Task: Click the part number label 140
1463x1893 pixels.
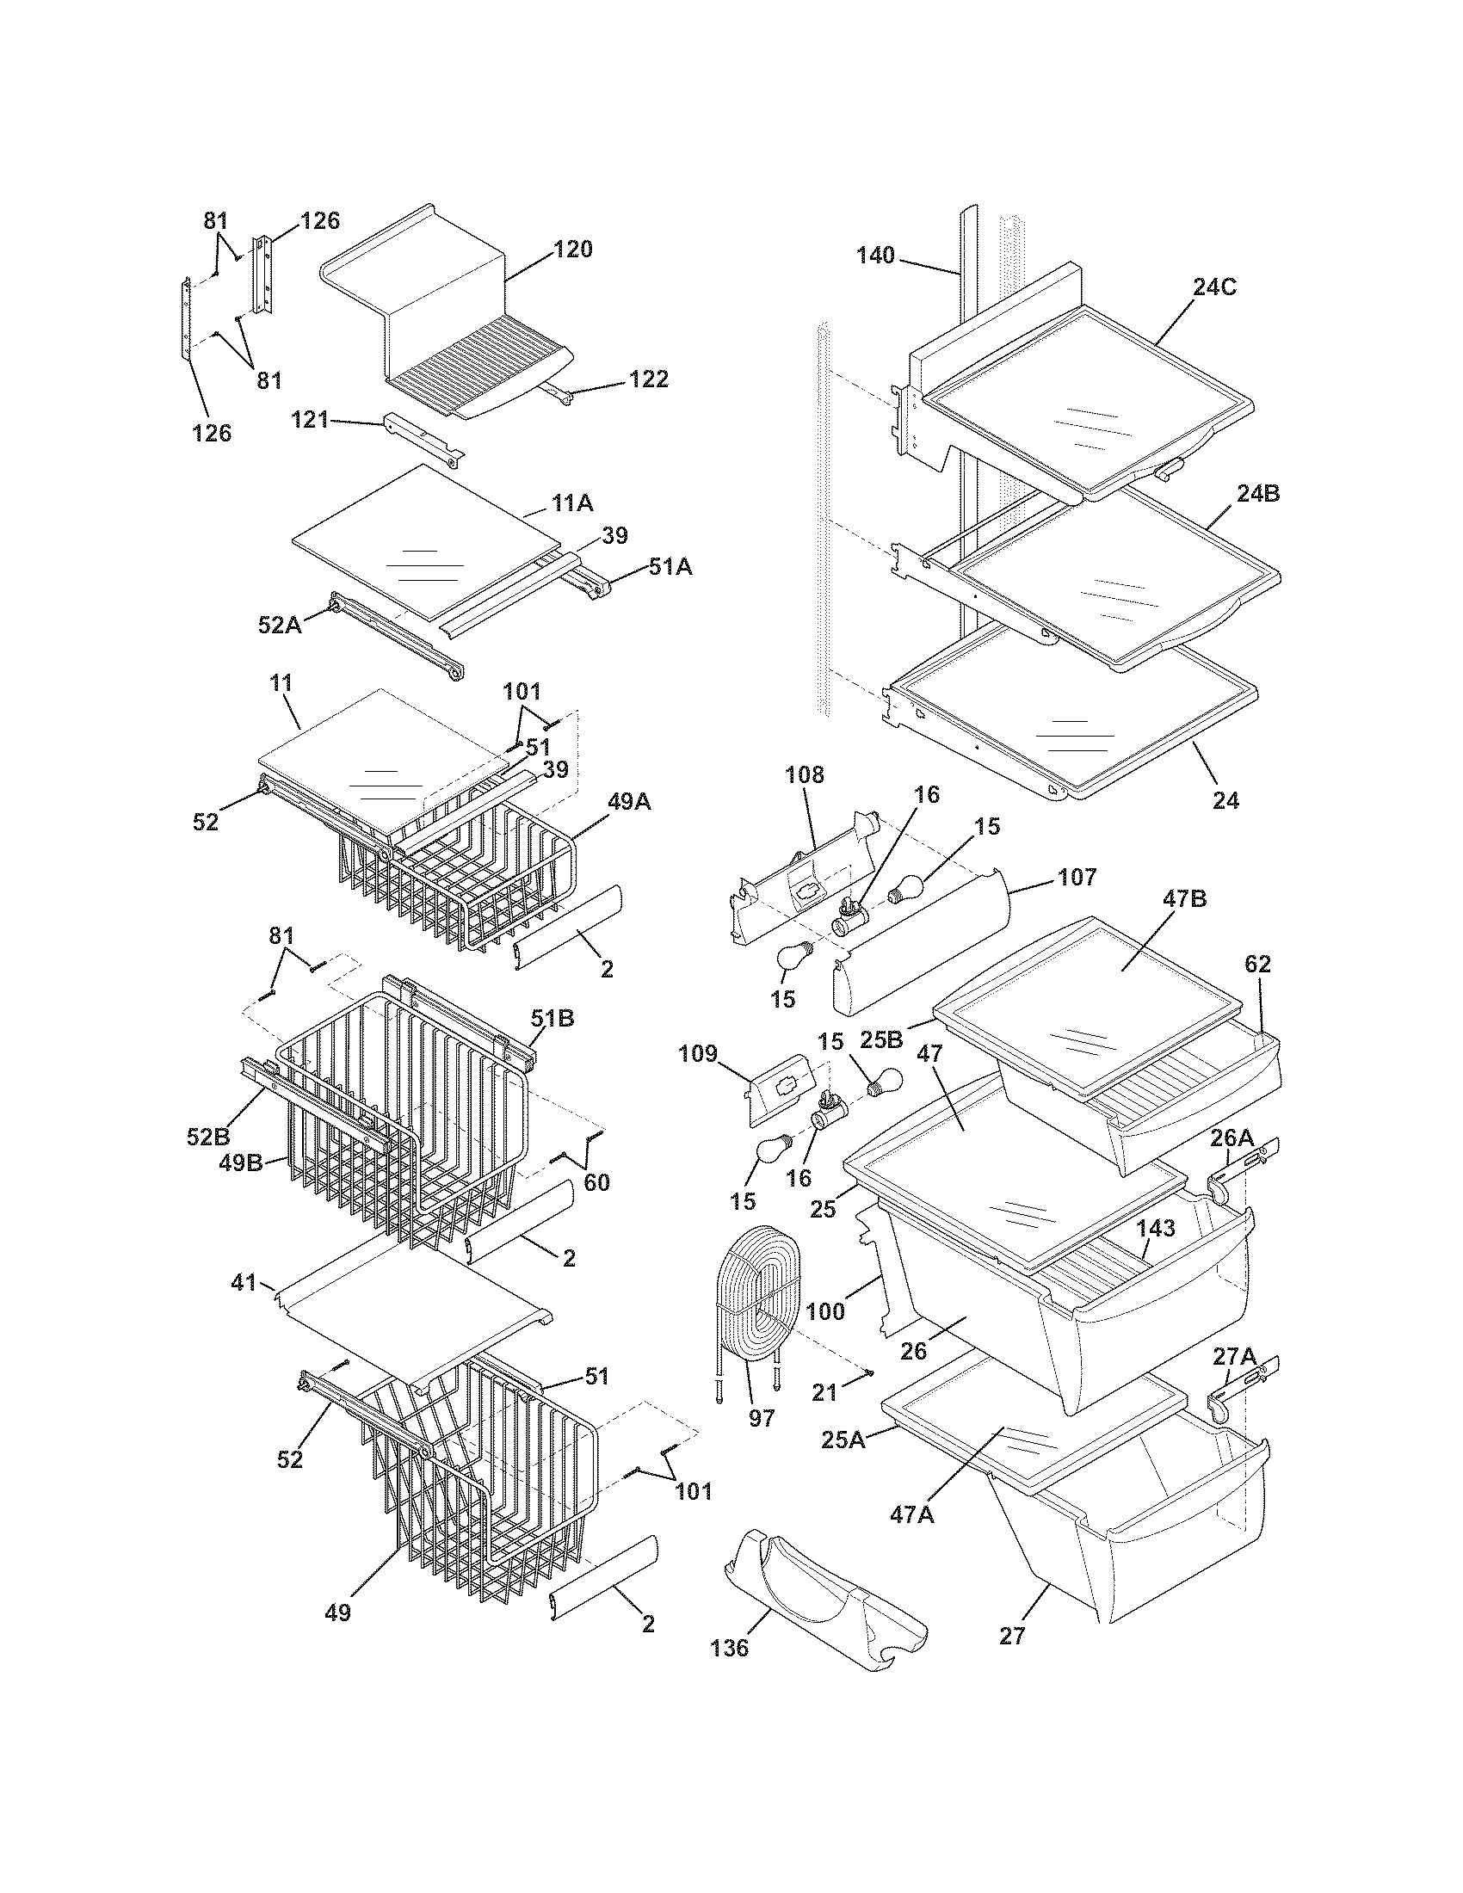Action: (x=875, y=256)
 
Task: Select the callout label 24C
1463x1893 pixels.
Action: (x=1214, y=287)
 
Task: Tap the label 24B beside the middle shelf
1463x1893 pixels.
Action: (x=1258, y=494)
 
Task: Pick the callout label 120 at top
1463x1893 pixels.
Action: (x=573, y=250)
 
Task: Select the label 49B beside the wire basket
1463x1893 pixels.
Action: (x=242, y=1163)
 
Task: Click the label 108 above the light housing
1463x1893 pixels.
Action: (x=805, y=774)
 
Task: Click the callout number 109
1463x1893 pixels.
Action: (x=698, y=1053)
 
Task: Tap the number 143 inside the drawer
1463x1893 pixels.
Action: (x=1155, y=1227)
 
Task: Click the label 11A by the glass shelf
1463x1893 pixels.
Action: (x=572, y=503)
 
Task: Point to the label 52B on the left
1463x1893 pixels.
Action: (x=208, y=1137)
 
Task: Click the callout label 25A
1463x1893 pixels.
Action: (x=844, y=1440)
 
